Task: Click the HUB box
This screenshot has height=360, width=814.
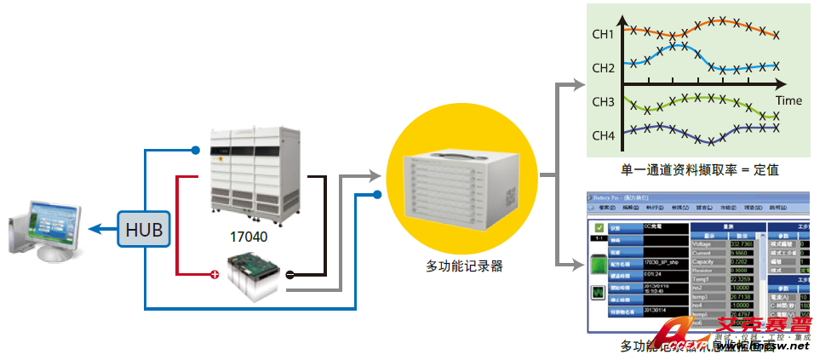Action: coord(143,229)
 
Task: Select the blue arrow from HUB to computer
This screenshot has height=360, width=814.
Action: coord(103,229)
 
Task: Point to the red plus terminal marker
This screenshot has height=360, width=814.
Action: coord(215,275)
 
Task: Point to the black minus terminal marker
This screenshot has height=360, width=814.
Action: coord(289,275)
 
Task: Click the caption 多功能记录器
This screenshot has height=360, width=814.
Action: coord(463,266)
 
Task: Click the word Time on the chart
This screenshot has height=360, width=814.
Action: coord(788,100)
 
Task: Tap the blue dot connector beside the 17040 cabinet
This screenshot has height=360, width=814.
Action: coord(196,151)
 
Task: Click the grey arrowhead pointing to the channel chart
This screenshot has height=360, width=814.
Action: coord(578,84)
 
